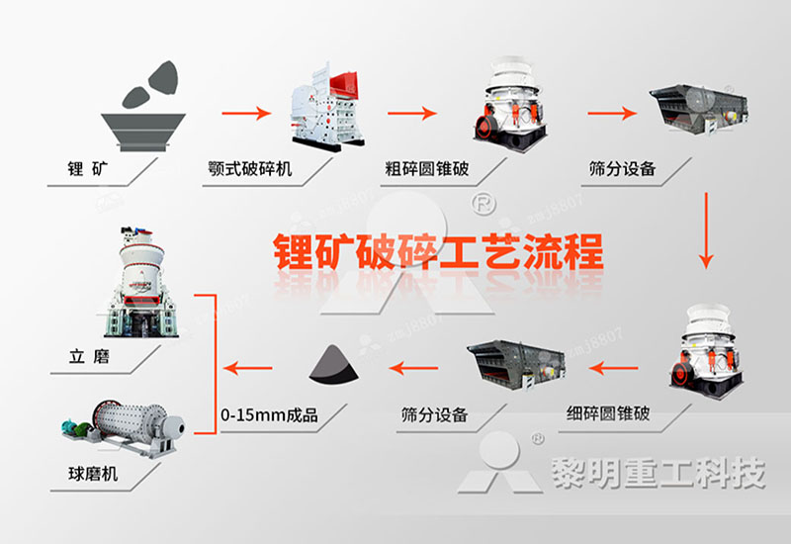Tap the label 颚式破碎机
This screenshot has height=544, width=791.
click(x=250, y=168)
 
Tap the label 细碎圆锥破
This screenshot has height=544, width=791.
click(x=608, y=412)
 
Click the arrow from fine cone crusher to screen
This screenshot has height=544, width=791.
click(x=615, y=369)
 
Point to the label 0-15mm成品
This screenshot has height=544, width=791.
click(x=270, y=414)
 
